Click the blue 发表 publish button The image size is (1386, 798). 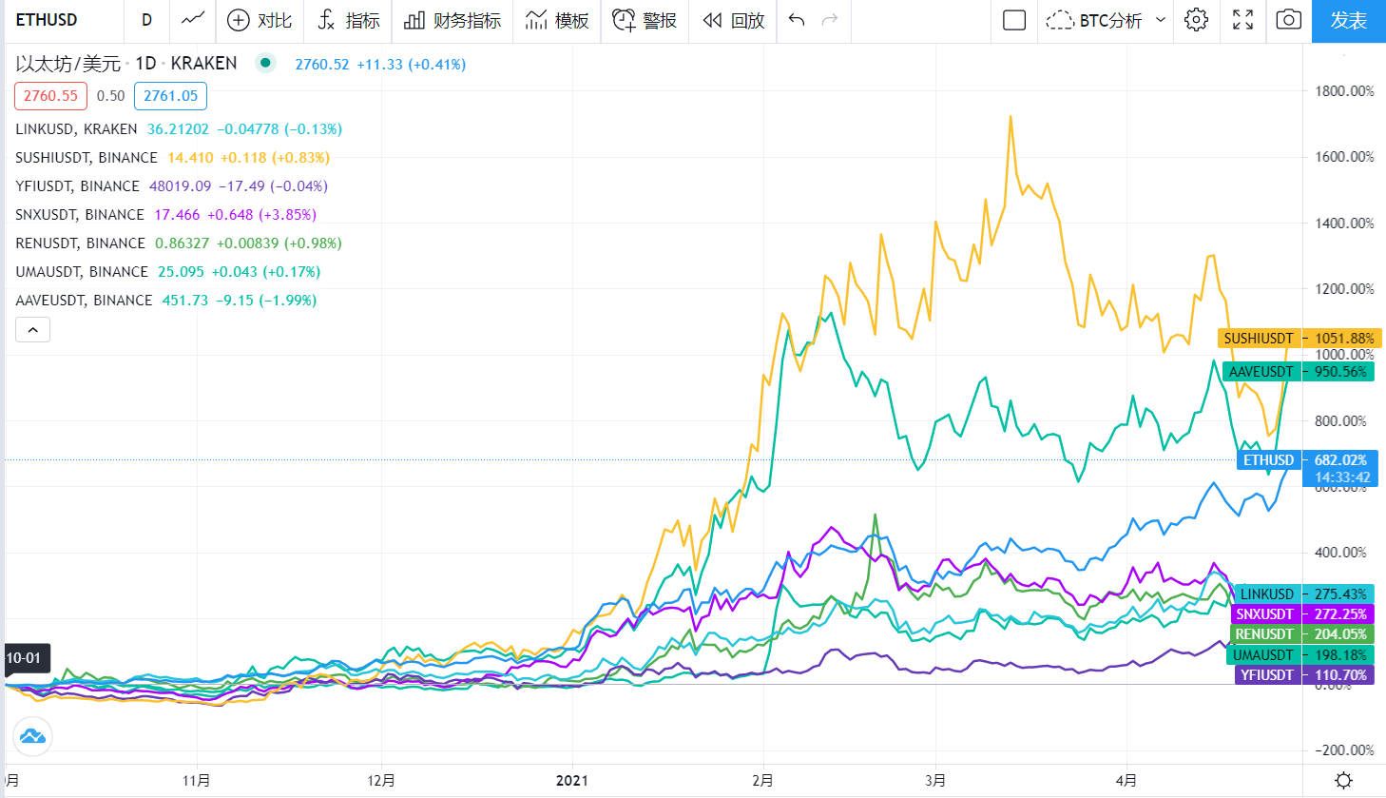pyautogui.click(x=1348, y=20)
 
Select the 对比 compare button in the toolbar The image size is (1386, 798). pyautogui.click(x=260, y=20)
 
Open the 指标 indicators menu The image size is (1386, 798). pyautogui.click(x=348, y=20)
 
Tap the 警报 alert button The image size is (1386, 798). pyautogui.click(x=645, y=20)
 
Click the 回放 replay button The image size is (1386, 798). pyautogui.click(x=733, y=20)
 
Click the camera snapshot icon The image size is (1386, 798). pyautogui.click(x=1288, y=20)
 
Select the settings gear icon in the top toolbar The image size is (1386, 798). pyautogui.click(x=1197, y=20)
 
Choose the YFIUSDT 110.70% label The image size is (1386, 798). pyautogui.click(x=1302, y=675)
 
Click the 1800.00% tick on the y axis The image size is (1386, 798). pyautogui.click(x=1344, y=91)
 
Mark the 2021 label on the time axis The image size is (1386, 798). pyautogui.click(x=571, y=781)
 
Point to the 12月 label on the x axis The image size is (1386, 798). pyautogui.click(x=381, y=781)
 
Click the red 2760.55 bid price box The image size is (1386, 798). pyautogui.click(x=50, y=96)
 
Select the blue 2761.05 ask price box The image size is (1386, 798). pyautogui.click(x=170, y=96)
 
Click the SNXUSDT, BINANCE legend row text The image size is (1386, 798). pyautogui.click(x=80, y=215)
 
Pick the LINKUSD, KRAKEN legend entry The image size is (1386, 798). pyautogui.click(x=76, y=129)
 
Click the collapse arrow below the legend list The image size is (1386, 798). pyautogui.click(x=32, y=330)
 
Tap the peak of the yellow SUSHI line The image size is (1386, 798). pyautogui.click(x=1011, y=117)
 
